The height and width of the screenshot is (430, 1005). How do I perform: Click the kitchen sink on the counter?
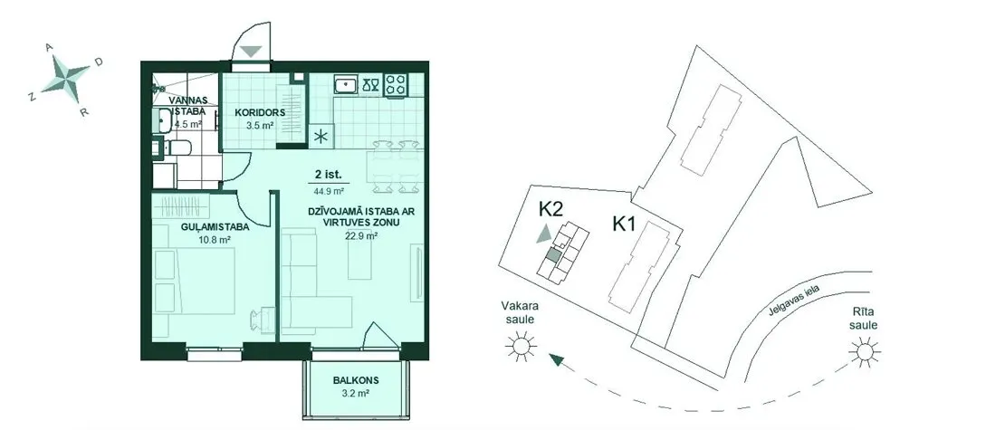pos(347,84)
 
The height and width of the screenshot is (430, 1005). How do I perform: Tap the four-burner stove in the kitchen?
pos(395,85)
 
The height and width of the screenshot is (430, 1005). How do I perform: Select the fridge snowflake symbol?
pos(321,136)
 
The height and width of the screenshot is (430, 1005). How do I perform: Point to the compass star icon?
pos(67,77)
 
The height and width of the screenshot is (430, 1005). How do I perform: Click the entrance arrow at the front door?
pos(251,52)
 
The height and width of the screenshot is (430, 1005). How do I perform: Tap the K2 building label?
pos(550,209)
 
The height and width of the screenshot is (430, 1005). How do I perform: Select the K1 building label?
pos(624,224)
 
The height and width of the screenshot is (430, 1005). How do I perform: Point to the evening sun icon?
pos(522,347)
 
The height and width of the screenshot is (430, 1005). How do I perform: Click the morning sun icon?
pos(865,351)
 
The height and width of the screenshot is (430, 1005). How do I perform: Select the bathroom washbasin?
pos(163,119)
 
